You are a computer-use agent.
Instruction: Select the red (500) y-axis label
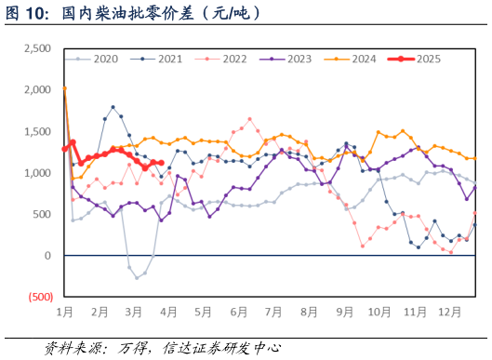click(40, 297)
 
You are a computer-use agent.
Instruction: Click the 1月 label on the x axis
click(65, 311)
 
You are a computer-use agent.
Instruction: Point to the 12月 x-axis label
click(450, 311)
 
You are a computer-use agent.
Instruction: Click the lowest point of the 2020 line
click(137, 277)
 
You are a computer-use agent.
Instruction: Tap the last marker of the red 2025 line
click(161, 163)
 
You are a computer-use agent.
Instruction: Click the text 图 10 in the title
click(26, 14)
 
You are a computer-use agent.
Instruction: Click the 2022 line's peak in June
click(249, 119)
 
